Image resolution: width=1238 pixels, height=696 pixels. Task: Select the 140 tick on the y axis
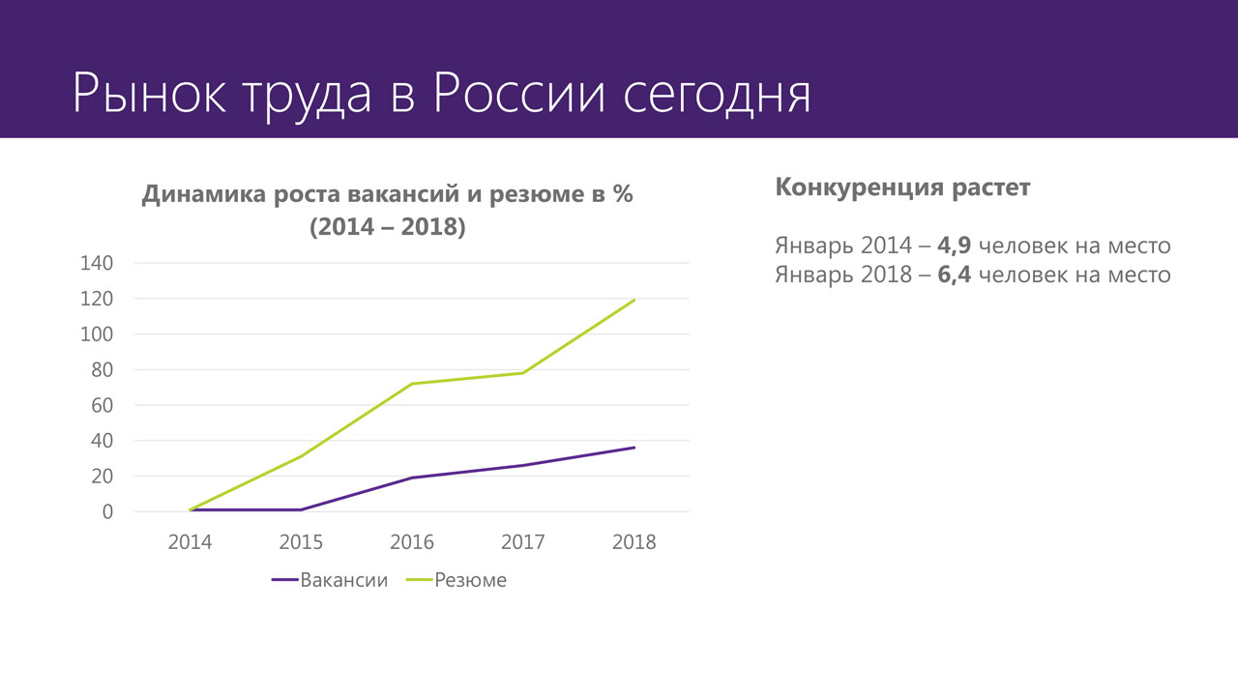pos(98,263)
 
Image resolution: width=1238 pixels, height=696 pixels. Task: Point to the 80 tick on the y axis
pos(103,369)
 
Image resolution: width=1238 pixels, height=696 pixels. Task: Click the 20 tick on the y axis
pos(103,476)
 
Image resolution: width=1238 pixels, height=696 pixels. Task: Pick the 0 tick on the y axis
pos(107,511)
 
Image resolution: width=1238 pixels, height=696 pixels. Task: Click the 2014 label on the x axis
pos(190,541)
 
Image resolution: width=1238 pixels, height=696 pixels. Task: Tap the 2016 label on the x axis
pos(412,541)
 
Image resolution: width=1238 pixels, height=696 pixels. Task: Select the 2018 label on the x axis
pos(634,541)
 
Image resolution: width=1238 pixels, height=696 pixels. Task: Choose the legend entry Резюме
pos(470,580)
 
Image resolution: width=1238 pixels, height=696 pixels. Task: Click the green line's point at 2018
pos(634,300)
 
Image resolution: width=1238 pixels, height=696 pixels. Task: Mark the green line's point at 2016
pos(412,384)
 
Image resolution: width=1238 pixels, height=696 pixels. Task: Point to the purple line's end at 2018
pos(634,448)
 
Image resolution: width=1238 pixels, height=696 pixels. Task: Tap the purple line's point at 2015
pos(301,509)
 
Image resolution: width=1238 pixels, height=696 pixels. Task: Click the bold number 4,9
pos(954,246)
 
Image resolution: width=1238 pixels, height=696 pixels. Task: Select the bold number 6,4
pos(954,275)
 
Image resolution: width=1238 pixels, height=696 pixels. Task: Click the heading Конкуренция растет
pos(902,188)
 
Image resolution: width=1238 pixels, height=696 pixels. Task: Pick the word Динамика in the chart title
pos(204,194)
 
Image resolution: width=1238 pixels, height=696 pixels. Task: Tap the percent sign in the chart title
pos(622,194)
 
